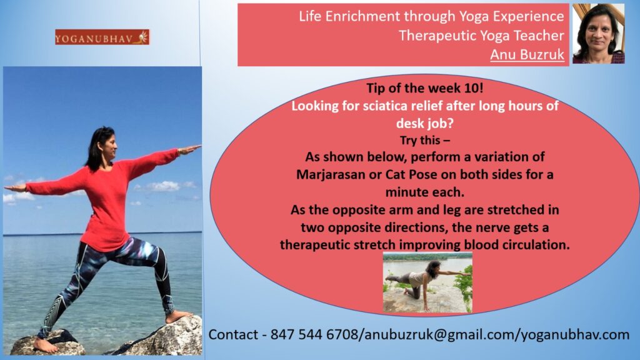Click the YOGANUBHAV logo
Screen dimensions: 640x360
[102, 37]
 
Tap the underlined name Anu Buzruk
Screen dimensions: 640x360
[527, 54]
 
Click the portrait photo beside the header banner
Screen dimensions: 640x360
[598, 34]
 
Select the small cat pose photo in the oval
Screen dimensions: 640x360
[427, 282]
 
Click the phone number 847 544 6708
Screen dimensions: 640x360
[314, 334]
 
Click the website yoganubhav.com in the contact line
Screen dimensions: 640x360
[575, 335]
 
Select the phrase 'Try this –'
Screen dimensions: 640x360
[425, 141]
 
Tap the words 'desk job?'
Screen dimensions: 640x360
[425, 123]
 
